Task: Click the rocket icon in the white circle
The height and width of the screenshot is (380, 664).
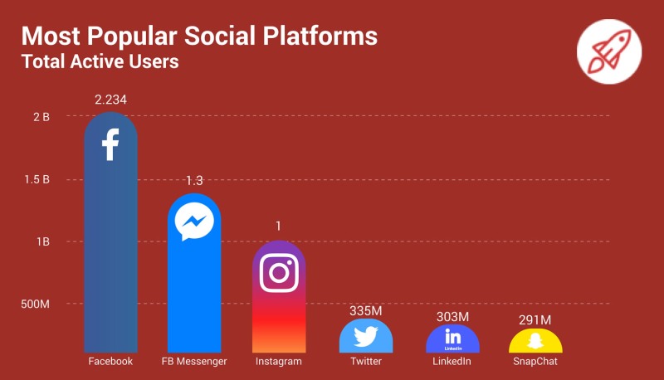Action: [609, 49]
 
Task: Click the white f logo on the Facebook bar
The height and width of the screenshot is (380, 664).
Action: [110, 144]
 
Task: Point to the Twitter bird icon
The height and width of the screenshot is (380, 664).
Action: [366, 336]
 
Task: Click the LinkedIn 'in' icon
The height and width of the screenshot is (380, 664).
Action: [452, 337]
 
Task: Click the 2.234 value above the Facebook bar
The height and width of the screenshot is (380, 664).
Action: [110, 100]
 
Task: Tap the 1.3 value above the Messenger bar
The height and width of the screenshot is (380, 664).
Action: [194, 181]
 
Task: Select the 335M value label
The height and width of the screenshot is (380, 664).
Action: [366, 310]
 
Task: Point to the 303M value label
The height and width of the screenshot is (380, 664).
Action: [452, 317]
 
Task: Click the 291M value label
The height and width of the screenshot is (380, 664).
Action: [535, 320]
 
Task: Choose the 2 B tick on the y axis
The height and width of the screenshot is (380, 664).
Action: [41, 117]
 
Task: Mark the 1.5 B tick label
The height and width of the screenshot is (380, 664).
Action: [37, 179]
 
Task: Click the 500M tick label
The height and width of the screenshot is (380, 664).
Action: [35, 304]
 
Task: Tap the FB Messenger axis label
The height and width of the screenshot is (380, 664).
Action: [194, 362]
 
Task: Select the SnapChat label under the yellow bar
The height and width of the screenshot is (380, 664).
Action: [535, 362]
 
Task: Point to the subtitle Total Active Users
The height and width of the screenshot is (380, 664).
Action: [100, 61]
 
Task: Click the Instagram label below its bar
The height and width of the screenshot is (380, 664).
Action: [279, 362]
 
